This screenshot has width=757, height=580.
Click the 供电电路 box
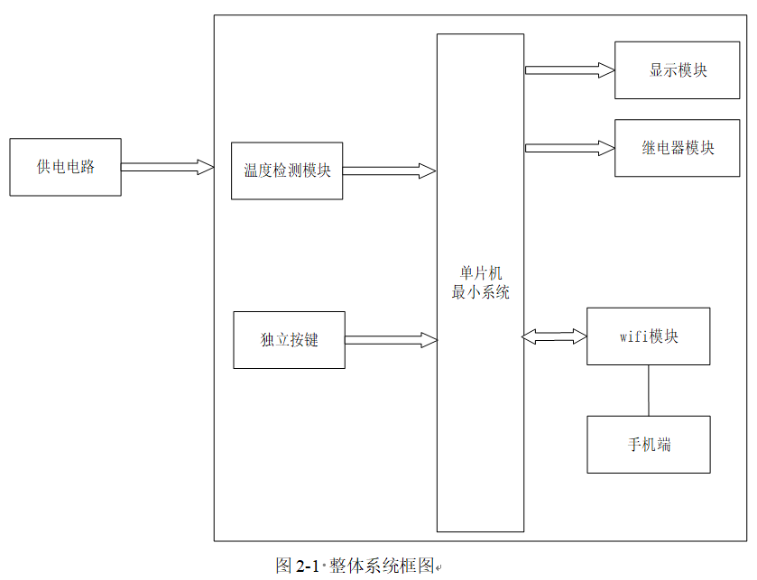click(65, 167)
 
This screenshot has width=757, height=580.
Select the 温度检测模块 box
click(287, 170)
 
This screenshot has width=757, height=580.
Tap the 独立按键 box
click(290, 340)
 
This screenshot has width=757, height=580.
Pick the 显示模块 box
click(677, 70)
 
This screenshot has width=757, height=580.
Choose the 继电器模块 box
click(677, 148)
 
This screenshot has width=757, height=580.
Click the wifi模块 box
click(649, 336)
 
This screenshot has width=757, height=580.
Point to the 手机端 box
click(649, 445)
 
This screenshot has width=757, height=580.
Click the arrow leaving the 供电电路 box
click(168, 167)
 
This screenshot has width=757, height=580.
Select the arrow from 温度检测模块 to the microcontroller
click(389, 170)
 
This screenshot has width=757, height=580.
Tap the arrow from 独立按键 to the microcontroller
click(391, 340)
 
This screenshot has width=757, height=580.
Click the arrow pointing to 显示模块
click(569, 70)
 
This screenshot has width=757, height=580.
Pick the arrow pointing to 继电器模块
click(569, 148)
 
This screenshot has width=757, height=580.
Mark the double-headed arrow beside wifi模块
click(554, 336)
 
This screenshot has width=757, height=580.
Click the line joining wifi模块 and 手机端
click(649, 391)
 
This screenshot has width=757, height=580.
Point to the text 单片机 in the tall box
click(481, 273)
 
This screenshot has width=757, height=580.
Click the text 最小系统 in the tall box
click(481, 292)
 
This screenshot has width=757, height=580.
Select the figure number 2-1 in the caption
click(307, 566)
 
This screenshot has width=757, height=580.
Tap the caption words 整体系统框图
click(382, 566)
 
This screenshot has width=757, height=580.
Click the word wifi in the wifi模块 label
click(634, 336)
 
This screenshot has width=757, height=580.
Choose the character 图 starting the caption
click(284, 566)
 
